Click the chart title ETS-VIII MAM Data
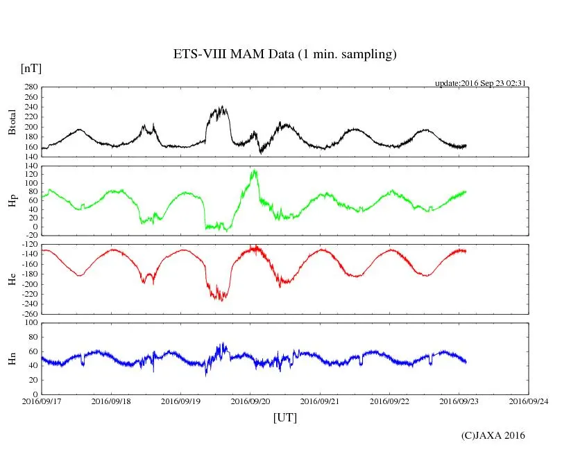(x=284, y=55)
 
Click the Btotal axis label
(x=12, y=122)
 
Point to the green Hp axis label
(x=12, y=201)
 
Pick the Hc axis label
(x=12, y=279)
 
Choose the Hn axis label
(x=12, y=358)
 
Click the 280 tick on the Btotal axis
(x=29, y=87)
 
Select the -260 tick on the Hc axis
(x=28, y=313)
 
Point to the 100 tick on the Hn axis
(x=29, y=323)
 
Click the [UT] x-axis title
(x=284, y=417)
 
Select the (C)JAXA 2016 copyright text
(x=493, y=435)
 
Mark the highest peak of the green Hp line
(x=255, y=171)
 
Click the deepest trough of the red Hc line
(x=221, y=300)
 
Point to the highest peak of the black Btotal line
(x=221, y=107)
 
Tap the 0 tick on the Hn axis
(x=35, y=394)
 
